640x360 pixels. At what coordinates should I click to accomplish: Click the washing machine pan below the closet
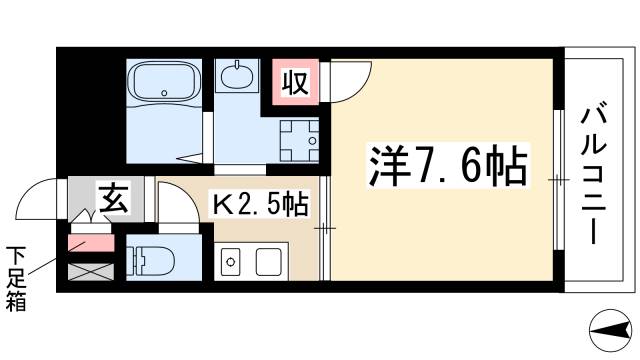pos(299,139)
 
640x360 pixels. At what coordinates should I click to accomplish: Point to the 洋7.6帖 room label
pos(440,164)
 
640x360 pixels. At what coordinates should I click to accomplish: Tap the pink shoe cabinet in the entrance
pos(89,243)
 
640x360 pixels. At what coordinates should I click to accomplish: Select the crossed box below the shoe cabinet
pos(89,269)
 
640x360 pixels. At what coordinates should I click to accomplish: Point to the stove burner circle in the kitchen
pos(229,264)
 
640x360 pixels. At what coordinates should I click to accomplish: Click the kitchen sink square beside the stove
pos(268,263)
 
